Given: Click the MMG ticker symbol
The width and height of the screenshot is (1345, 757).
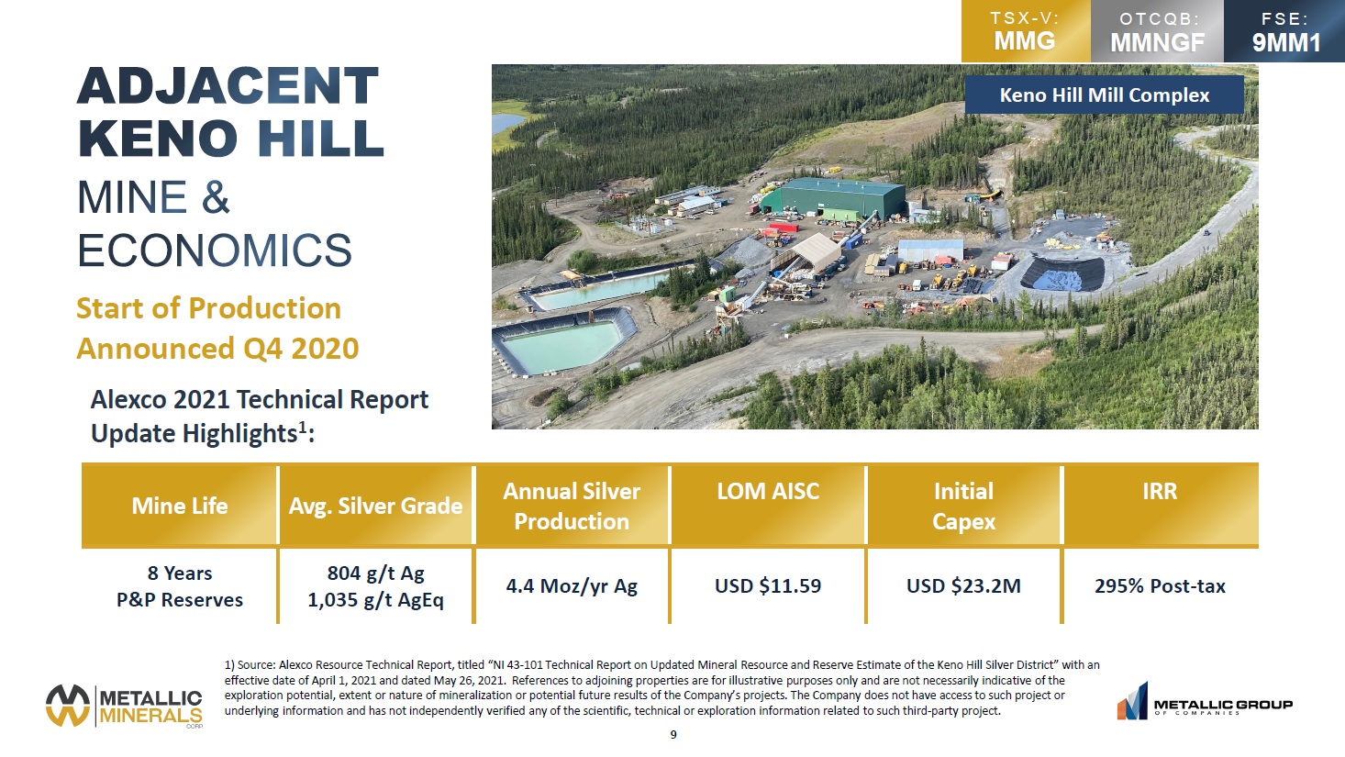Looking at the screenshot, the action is point(1025,40).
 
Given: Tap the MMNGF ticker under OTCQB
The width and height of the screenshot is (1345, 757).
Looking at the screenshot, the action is point(1157,42).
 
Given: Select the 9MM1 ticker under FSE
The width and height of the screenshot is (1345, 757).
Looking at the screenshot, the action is point(1286,42).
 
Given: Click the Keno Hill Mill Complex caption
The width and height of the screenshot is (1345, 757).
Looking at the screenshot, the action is point(1105,95).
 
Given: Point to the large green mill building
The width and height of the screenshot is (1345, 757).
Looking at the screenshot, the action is point(835,197).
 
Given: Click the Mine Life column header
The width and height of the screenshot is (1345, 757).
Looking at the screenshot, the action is point(180,506).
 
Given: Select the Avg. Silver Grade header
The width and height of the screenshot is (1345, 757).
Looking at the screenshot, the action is point(375,507).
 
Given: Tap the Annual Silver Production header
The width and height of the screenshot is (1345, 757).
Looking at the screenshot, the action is point(572,507).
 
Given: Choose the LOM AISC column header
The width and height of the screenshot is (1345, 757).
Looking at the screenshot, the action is point(768,491).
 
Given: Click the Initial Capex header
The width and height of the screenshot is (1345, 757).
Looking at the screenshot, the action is point(963,507).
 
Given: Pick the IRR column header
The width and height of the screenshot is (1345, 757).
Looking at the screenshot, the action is point(1160,491).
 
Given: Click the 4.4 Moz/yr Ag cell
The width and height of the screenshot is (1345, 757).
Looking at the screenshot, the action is point(572,586).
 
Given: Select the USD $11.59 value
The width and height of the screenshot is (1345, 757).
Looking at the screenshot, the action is point(768,585).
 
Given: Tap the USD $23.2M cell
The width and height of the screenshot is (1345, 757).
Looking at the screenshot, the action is point(963,585).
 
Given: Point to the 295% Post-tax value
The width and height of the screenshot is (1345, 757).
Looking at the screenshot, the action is point(1160,585).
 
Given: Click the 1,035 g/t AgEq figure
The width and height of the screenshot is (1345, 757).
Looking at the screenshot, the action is point(375,600).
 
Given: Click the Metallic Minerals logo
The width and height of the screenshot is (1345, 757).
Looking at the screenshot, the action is point(124,706).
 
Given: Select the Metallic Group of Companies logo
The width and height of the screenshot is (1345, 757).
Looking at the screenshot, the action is point(1205,701).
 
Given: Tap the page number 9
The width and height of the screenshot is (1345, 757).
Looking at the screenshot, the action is point(673,734).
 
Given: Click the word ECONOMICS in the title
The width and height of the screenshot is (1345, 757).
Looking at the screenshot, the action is point(215,250).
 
